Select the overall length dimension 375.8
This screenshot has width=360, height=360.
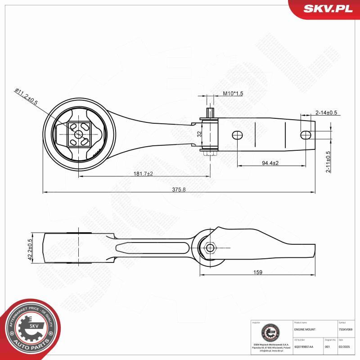click(x=178, y=189)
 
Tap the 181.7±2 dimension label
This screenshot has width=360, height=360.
click(x=143, y=174)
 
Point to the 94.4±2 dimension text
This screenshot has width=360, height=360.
click(x=270, y=163)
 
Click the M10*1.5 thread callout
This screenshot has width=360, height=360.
click(x=233, y=94)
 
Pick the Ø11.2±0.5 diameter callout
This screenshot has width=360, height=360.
click(x=27, y=97)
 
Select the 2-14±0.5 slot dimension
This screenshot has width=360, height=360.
click(x=326, y=112)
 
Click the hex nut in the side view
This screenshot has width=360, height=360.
click(x=210, y=247)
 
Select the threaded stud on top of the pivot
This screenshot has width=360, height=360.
click(x=210, y=112)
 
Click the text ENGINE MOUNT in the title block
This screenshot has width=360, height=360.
click(x=305, y=329)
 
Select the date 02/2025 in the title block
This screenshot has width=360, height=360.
click(x=344, y=347)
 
